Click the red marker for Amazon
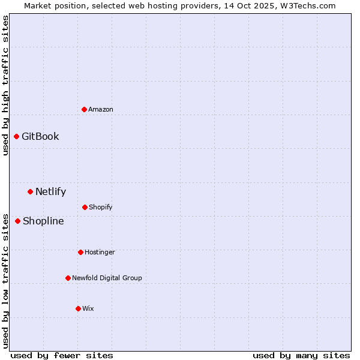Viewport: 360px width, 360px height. pyautogui.click(x=84, y=109)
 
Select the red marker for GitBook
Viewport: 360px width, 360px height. pyautogui.click(x=16, y=136)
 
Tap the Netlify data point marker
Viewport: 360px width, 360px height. pyautogui.click(x=30, y=191)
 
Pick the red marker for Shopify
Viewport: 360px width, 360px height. pyautogui.click(x=85, y=207)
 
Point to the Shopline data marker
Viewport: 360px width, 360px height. pyautogui.click(x=17, y=221)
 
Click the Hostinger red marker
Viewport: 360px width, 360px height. pyautogui.click(x=80, y=252)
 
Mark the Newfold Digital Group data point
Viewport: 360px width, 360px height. pyautogui.click(x=68, y=278)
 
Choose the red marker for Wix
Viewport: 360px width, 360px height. pyautogui.click(x=78, y=308)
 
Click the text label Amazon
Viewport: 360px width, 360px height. pyautogui.click(x=101, y=109)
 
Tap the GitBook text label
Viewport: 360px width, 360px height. pyautogui.click(x=40, y=136)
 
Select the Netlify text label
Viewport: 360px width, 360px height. pyautogui.click(x=50, y=192)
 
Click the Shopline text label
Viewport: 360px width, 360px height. pyautogui.click(x=43, y=221)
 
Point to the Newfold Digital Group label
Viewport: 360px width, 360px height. pyautogui.click(x=107, y=278)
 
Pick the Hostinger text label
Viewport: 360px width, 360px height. pyautogui.click(x=100, y=252)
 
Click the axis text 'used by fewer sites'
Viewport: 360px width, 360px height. pyautogui.click(x=62, y=355)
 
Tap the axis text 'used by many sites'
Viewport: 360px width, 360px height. pyautogui.click(x=301, y=355)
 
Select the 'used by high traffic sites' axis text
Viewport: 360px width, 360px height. pyautogui.click(x=5, y=85)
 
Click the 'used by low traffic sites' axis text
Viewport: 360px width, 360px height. pyautogui.click(x=5, y=280)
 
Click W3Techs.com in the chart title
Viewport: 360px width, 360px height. pyautogui.click(x=308, y=5)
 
